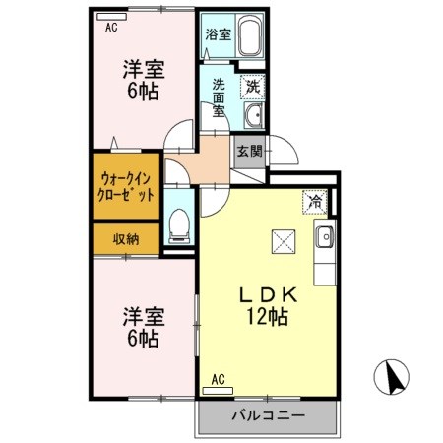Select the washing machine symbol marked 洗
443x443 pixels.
pyautogui.click(x=252, y=86)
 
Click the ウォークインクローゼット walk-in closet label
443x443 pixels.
pyautogui.click(x=126, y=186)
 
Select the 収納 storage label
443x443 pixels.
pyautogui.click(x=125, y=238)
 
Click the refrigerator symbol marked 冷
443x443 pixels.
pyautogui.click(x=315, y=202)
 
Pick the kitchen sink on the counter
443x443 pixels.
pyautogui.click(x=325, y=236)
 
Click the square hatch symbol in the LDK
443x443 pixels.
pyautogui.click(x=283, y=240)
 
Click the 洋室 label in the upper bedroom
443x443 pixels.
pyautogui.click(x=142, y=70)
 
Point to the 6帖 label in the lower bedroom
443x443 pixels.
pyautogui.click(x=143, y=340)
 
